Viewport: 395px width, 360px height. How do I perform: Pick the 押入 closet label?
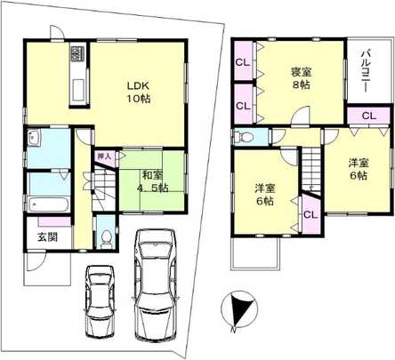click(x=104, y=156)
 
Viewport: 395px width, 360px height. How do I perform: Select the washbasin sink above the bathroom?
click(x=34, y=140)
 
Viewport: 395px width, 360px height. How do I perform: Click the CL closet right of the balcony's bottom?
click(x=368, y=116)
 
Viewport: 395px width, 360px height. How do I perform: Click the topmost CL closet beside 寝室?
click(x=242, y=62)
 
